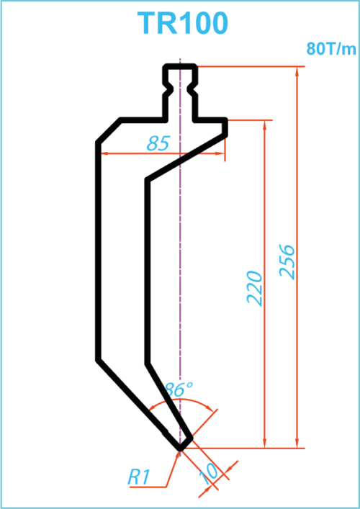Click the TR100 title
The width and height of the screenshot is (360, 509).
click(182, 23)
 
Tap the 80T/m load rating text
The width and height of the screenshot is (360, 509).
click(331, 49)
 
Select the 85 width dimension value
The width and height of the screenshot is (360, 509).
click(158, 143)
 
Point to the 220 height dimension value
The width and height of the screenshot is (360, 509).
click(254, 288)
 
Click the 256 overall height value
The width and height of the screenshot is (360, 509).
click(287, 262)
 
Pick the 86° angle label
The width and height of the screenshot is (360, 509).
click(179, 389)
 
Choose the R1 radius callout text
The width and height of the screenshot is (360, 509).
click(139, 477)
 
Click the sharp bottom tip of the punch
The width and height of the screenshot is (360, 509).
click(180, 450)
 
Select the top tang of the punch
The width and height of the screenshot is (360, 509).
click(180, 93)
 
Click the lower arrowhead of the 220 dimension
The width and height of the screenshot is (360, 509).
click(264, 443)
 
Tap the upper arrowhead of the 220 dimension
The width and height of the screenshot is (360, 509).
click(264, 125)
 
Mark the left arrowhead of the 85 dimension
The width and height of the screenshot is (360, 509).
click(106, 153)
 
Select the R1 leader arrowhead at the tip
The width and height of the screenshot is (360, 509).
click(178, 454)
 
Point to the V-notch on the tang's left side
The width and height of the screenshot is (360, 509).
click(168, 88)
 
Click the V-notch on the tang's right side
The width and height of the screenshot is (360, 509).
click(192, 88)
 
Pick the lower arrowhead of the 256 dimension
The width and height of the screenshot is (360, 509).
click(297, 443)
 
